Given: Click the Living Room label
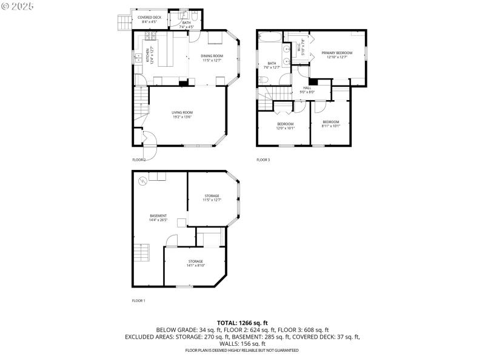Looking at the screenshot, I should pyautogui.click(x=182, y=114).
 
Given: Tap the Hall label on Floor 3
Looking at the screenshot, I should pyautogui.click(x=307, y=90).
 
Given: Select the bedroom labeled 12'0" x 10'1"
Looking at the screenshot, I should pyautogui.click(x=285, y=126).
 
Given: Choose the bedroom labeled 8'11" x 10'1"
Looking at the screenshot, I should pyautogui.click(x=332, y=124).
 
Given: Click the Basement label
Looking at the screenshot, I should pyautogui.click(x=158, y=218).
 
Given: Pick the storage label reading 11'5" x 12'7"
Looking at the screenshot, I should pyautogui.click(x=212, y=198).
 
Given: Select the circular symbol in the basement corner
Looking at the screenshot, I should pyautogui.click(x=142, y=180).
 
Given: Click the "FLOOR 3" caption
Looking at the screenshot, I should pyautogui.click(x=263, y=160).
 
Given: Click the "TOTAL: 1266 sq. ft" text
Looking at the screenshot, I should pyautogui.click(x=242, y=323).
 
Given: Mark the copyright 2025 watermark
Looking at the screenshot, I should pyautogui.click(x=18, y=5).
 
